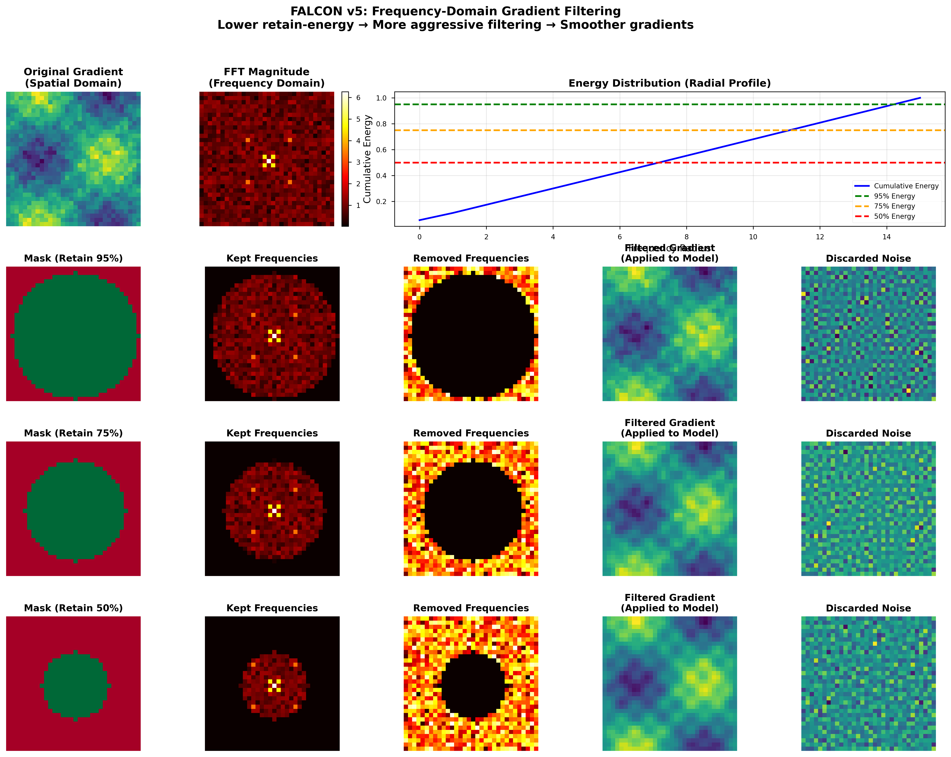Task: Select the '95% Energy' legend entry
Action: pos(894,196)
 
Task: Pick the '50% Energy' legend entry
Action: pos(894,216)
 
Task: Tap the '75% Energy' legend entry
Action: pos(894,206)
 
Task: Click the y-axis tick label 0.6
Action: pos(381,150)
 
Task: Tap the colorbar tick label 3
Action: pos(358,162)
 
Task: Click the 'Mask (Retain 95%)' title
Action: pos(73,258)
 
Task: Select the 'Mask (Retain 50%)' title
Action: pos(73,608)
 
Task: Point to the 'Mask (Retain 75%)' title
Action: pos(73,433)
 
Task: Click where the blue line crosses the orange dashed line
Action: pos(788,130)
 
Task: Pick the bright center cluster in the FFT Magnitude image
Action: pos(269,161)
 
